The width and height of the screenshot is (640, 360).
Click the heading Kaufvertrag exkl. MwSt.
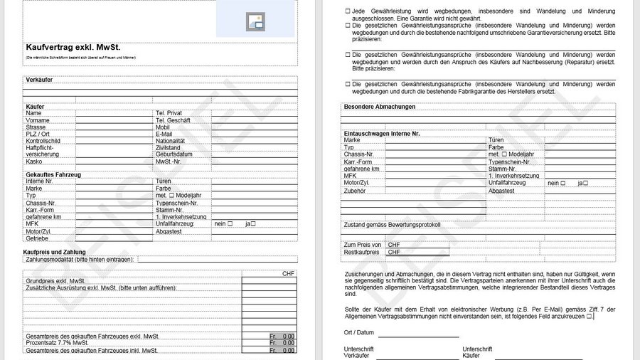point(73,47)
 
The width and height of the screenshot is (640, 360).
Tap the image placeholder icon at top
point(255,22)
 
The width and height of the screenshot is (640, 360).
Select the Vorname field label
point(38,120)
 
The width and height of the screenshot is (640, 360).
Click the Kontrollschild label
point(43,141)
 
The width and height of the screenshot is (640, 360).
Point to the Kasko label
point(33,162)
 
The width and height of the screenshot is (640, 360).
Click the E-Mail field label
point(164,134)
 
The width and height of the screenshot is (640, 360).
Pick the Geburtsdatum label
point(174,154)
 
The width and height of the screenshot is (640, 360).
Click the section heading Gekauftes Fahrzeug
point(53,174)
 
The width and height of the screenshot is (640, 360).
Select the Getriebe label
point(37,238)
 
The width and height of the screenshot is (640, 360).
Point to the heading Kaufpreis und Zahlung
point(55,252)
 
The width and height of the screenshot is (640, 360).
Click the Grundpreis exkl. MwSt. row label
point(55,281)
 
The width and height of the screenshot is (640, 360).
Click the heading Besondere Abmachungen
point(380,107)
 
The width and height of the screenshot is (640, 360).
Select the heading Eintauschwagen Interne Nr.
point(382,133)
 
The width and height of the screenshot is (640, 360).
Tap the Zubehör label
point(355,191)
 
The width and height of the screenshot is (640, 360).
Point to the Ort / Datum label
point(358,332)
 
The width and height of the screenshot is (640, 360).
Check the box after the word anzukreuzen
point(590,316)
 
